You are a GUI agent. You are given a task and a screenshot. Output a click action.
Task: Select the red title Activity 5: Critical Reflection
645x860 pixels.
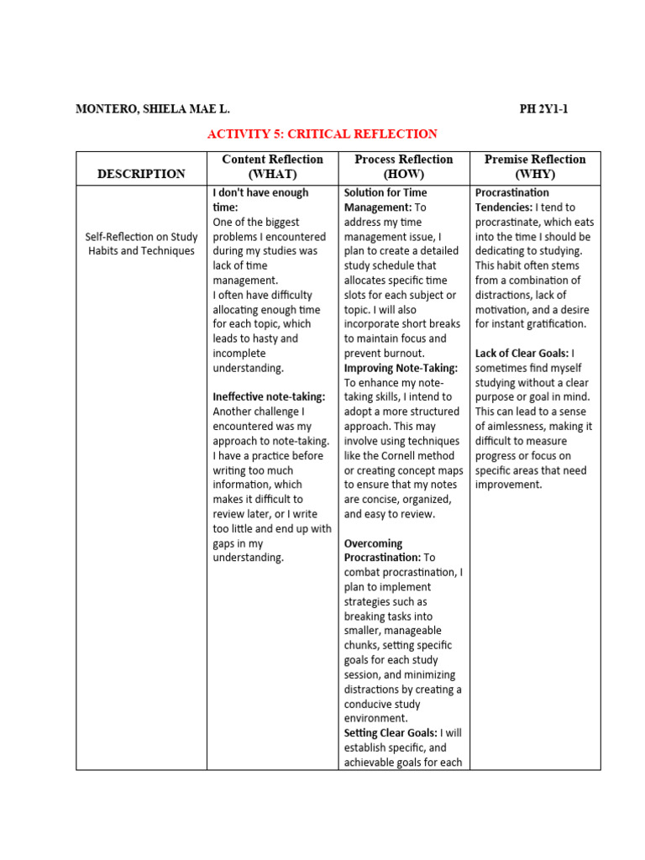pyautogui.click(x=322, y=134)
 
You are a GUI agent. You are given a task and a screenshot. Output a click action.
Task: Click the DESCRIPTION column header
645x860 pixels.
pyautogui.click(x=141, y=174)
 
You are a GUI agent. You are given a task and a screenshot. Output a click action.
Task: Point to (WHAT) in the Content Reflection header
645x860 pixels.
pyautogui.click(x=272, y=174)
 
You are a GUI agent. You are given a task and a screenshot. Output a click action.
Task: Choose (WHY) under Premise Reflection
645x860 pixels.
pyautogui.click(x=535, y=174)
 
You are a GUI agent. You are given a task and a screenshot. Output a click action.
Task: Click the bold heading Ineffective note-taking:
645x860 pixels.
pyautogui.click(x=269, y=397)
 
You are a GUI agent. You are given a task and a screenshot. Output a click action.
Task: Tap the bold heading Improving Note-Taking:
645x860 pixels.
pyautogui.click(x=401, y=368)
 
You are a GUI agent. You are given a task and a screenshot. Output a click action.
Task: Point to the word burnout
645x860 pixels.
pyautogui.click(x=412, y=354)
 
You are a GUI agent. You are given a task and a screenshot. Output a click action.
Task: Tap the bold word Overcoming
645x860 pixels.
pyautogui.click(x=374, y=543)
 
